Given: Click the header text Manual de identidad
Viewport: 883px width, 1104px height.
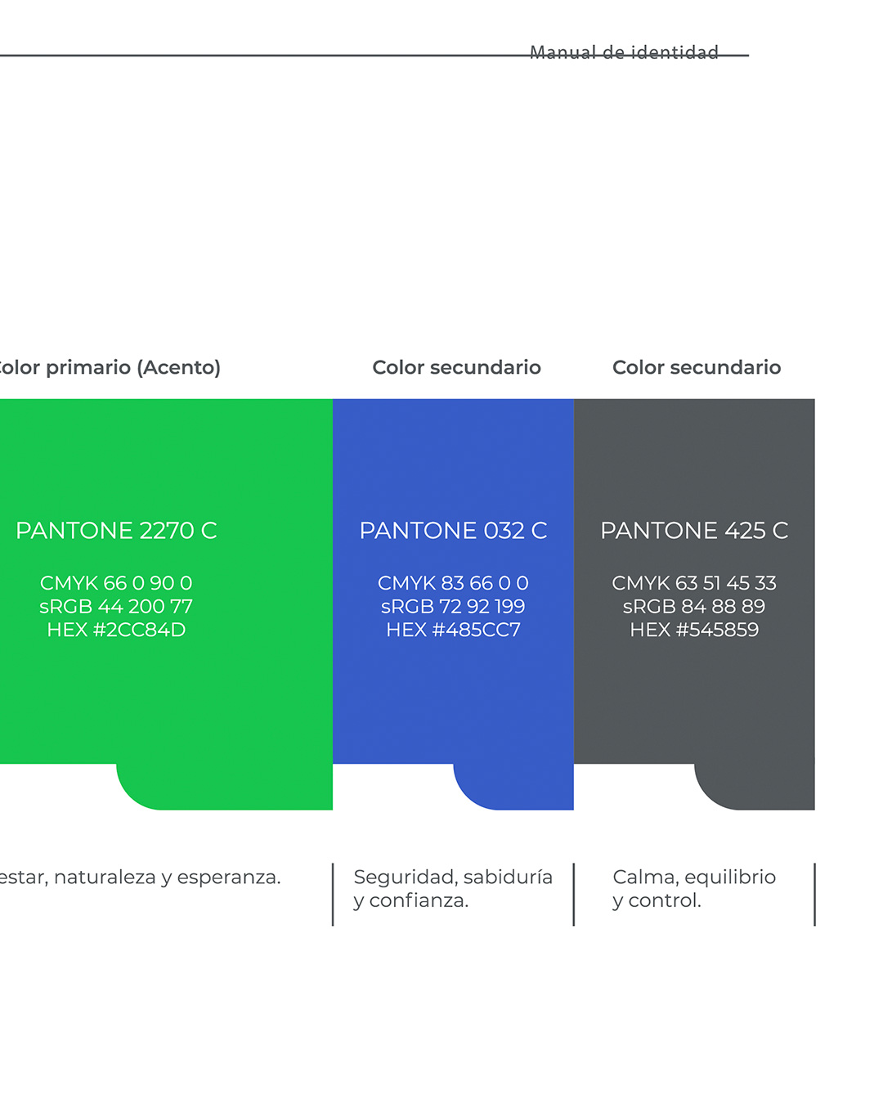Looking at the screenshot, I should click(x=624, y=52).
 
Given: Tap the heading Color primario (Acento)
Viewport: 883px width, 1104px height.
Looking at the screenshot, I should click(x=108, y=367).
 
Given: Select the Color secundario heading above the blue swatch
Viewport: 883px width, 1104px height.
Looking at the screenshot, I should click(x=456, y=367).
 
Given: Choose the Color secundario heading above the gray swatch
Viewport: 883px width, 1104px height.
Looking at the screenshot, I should click(x=697, y=367).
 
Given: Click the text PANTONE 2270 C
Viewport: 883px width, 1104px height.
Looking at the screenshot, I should click(x=116, y=531).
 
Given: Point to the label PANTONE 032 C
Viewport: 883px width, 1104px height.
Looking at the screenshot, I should click(x=453, y=531).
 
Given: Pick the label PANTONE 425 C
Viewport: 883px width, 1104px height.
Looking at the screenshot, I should click(x=694, y=531).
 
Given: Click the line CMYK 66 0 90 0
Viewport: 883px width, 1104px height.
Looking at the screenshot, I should click(x=116, y=583).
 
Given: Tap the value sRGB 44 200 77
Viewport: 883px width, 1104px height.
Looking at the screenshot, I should click(x=116, y=607).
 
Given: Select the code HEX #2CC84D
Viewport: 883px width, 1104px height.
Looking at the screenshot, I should click(x=116, y=630).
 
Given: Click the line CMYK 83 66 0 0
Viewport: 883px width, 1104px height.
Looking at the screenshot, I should click(x=453, y=583).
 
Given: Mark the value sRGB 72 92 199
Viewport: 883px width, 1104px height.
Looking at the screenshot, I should click(x=453, y=607).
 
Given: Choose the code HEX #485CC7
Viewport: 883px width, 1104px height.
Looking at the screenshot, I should click(x=453, y=630).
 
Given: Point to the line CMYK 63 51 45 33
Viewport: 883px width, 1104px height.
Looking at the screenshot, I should click(x=694, y=583).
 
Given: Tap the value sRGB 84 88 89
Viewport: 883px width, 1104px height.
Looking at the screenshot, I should click(x=694, y=607).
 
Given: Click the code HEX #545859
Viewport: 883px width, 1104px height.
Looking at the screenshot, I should click(x=694, y=630).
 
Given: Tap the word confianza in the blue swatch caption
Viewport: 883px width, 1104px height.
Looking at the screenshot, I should click(x=419, y=901).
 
